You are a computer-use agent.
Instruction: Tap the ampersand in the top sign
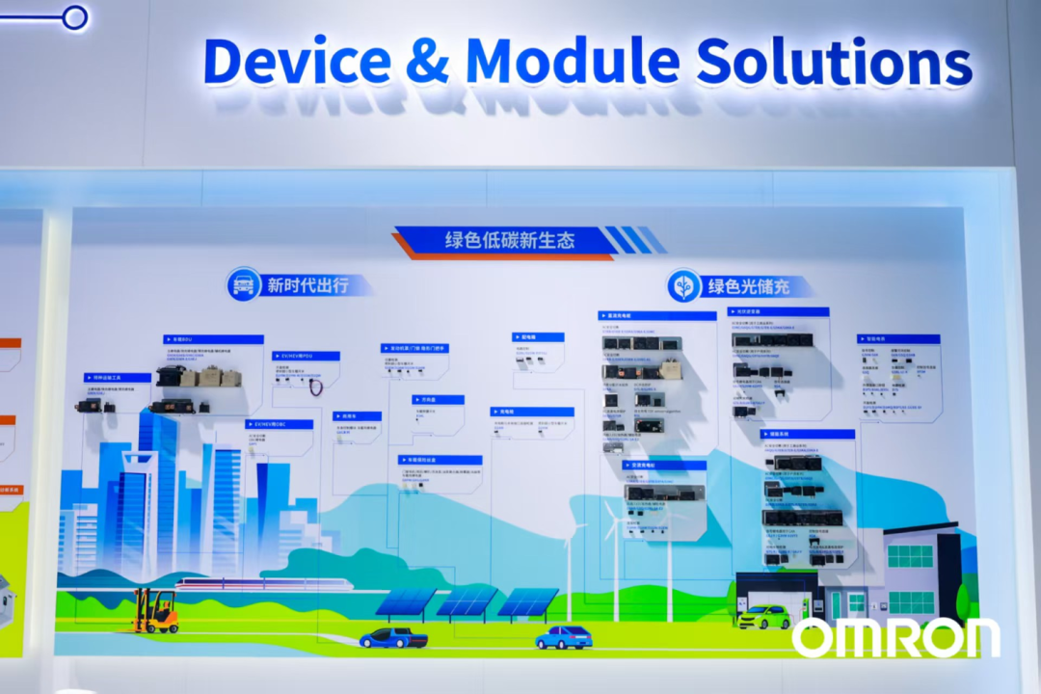427,62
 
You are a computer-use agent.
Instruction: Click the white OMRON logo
895,638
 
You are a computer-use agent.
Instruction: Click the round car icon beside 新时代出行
244,284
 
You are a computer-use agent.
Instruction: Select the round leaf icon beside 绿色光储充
683,286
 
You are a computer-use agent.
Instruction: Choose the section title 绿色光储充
749,286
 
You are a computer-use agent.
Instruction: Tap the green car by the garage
764,617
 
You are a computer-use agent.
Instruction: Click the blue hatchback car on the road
564,637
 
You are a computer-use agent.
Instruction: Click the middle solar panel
467,601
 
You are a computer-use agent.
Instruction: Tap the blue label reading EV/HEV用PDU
306,356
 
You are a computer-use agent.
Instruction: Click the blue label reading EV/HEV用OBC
279,424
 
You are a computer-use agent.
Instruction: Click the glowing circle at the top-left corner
74,16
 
